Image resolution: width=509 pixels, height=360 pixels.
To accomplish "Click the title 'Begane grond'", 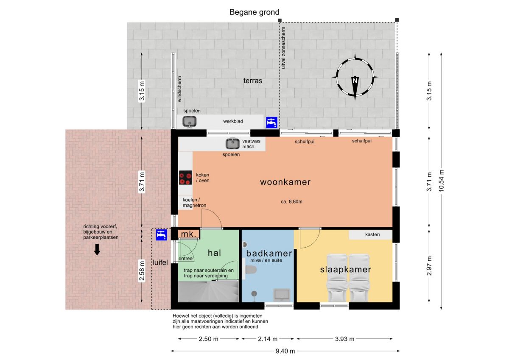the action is point(254,12).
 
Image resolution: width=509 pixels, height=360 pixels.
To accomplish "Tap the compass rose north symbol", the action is point(355,77).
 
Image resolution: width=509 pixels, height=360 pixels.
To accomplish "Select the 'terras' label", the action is point(253,81).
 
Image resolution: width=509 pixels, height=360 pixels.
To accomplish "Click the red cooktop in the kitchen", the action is point(185,177).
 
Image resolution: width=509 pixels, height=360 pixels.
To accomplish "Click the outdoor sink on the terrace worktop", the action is point(189,121).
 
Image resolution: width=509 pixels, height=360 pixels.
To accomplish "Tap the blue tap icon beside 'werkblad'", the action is point(272,123).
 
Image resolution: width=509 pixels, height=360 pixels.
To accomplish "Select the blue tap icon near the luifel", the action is point(162,235).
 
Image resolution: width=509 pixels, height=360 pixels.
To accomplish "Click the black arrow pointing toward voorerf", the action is point(97,250).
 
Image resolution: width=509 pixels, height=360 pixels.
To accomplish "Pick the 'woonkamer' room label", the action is point(285,182).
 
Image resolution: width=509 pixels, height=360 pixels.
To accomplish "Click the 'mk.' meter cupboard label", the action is point(189,234).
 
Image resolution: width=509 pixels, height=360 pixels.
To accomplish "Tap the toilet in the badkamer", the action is point(251,270).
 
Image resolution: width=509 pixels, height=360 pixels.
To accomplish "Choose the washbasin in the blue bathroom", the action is point(282,295).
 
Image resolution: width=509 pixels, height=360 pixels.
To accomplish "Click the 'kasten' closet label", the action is point(372,234).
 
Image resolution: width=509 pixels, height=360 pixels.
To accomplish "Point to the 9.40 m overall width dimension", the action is point(285,351).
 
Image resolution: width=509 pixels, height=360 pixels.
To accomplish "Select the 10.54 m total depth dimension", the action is point(441,181).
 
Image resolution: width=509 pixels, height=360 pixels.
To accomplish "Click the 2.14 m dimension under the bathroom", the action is point(268,339).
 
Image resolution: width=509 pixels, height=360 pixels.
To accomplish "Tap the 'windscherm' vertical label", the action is point(179,89).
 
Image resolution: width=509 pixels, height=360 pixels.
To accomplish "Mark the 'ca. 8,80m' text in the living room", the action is point(291,201).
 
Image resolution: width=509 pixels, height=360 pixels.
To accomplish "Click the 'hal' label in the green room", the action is point(214,253).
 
